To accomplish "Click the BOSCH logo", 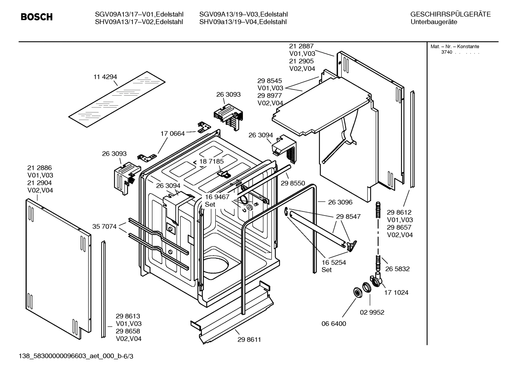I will [36, 17].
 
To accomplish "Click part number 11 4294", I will [105, 77].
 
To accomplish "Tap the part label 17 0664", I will [172, 134].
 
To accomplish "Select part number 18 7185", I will [211, 161].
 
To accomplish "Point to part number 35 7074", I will [104, 226].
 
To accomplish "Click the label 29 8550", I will [293, 183].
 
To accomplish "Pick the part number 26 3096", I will [340, 202].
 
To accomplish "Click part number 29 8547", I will [348, 216].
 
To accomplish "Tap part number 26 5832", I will [397, 269].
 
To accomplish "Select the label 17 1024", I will [396, 292].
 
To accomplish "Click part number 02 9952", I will [372, 312].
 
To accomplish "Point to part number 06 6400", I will [334, 323].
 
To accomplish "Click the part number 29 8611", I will [249, 340].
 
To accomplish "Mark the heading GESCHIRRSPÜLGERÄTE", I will [450, 14].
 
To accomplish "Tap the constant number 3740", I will [447, 52].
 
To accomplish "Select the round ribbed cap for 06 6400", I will [357, 292].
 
